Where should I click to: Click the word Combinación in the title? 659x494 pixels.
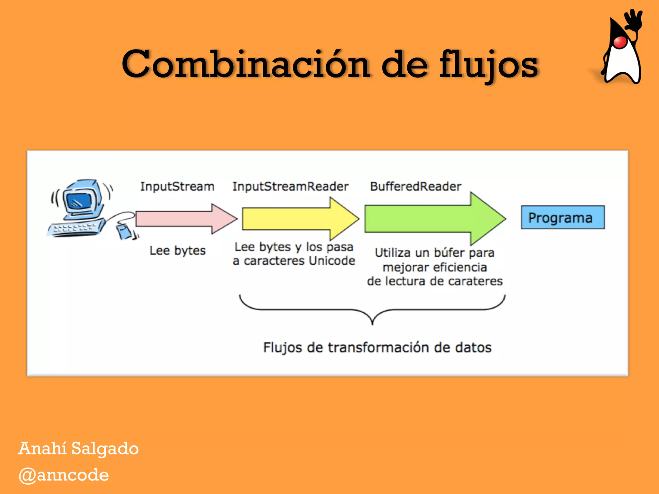click(246, 64)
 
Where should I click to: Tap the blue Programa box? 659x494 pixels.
click(562, 218)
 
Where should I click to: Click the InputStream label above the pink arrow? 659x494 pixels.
click(177, 187)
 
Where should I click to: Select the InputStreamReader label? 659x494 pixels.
click(290, 187)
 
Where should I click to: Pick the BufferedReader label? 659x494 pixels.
click(415, 187)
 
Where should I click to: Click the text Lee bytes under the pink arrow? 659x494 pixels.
click(177, 251)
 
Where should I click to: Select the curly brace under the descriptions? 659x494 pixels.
click(372, 309)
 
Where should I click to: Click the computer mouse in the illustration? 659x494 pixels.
click(124, 232)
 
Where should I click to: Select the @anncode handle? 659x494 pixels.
click(64, 475)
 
